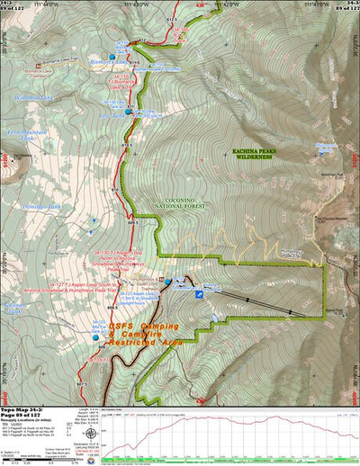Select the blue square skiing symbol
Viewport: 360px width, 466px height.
click(199, 292)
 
